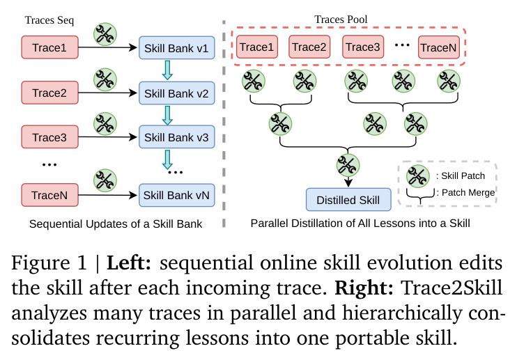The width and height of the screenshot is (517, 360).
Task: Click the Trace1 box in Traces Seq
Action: coord(49,47)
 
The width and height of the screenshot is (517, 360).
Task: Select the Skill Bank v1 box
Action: coord(177,48)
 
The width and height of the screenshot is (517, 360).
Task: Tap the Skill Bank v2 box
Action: coord(177,93)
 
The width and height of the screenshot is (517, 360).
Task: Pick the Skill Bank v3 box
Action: coord(177,137)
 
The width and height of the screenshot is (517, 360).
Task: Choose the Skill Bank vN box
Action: coord(177,195)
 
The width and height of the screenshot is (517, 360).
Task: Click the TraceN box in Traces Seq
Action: coord(49,195)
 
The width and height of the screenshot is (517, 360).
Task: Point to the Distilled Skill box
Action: coord(348,200)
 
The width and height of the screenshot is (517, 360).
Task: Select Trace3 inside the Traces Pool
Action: coord(363,47)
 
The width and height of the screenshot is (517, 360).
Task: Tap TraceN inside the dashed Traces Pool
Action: coord(439,47)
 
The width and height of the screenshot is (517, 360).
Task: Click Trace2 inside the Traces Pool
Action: coord(309,47)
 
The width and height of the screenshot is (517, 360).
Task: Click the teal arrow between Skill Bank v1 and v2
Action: coord(167,70)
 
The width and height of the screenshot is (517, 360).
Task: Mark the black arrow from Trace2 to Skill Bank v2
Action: coord(108,93)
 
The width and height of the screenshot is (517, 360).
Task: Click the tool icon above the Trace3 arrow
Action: coord(105,124)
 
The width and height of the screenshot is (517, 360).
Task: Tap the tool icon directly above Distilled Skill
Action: coord(348,165)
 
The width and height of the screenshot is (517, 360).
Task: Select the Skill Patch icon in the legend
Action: coord(418,176)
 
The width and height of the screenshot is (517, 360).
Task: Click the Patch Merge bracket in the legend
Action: coord(420,197)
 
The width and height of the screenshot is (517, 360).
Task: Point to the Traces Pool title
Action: coord(341,19)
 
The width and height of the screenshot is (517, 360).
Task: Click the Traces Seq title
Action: coord(49,20)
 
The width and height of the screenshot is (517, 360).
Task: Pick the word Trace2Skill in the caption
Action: coord(452,287)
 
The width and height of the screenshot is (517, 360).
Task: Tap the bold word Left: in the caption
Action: coord(129,263)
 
